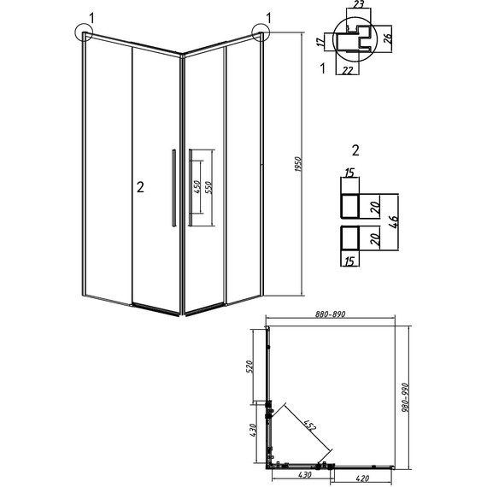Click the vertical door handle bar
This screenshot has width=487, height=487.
174,188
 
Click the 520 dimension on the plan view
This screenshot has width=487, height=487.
251,368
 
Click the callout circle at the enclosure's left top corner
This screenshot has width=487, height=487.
85,33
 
